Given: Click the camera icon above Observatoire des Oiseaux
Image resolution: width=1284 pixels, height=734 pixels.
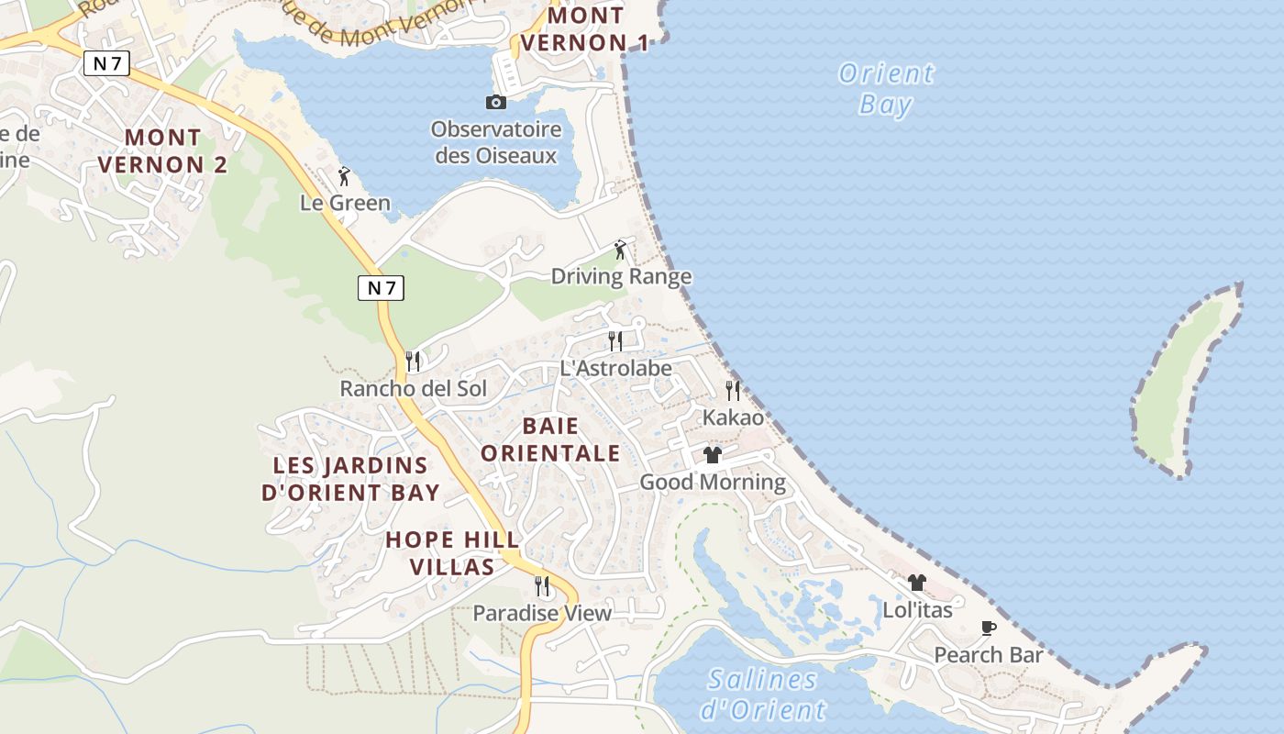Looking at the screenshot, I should tap(496, 102).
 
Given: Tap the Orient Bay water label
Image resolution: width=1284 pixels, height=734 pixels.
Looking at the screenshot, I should tap(886, 88).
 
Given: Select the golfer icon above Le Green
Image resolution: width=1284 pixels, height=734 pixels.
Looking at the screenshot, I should tap(345, 175).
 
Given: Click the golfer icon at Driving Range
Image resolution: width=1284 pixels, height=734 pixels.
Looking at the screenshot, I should tap(621, 249).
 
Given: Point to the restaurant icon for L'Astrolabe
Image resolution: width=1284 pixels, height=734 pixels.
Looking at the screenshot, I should tap(615, 341).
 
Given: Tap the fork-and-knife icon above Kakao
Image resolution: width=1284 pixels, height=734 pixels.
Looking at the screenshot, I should tap(733, 391).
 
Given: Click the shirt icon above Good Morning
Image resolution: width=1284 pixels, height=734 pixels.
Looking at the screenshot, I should tap(713, 455).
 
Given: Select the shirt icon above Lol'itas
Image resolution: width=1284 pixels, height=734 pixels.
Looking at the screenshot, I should tap(917, 583).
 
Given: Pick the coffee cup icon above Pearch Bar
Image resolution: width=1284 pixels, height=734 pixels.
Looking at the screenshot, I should tap(988, 628).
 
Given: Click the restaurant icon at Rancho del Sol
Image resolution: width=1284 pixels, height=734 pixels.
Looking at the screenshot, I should tap(413, 361).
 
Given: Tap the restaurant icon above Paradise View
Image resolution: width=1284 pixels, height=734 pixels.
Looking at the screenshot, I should tap(542, 585).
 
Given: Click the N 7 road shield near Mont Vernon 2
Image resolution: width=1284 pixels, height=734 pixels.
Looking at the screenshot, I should tap(106, 63).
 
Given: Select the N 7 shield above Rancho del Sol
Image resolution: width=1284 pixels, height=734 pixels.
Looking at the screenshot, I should tap(381, 288).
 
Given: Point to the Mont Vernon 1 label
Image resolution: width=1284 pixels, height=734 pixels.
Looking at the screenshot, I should tap(584, 29).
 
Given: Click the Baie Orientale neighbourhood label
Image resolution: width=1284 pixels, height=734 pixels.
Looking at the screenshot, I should tap(550, 439).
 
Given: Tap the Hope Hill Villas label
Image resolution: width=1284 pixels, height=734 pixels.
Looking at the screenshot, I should tap(452, 553).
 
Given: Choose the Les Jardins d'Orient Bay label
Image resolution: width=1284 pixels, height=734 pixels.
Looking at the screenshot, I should tap(350, 479).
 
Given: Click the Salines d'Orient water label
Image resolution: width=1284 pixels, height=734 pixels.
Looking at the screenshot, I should tap(763, 695).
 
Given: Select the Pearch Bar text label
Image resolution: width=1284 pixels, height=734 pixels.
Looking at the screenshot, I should tap(989, 655).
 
